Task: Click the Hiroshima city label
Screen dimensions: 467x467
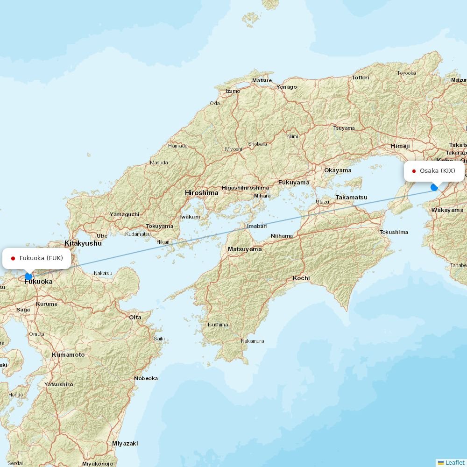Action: point(201,192)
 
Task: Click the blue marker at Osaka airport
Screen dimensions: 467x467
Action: point(434,187)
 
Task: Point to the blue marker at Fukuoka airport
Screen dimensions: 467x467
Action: point(28,276)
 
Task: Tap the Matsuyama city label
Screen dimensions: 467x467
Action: point(245,249)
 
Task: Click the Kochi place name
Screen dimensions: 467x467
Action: point(301,278)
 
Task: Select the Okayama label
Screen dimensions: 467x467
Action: point(338,170)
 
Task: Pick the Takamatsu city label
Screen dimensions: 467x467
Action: point(351,198)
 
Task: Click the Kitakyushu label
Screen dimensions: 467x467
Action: point(83,243)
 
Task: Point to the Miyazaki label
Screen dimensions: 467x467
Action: point(125,444)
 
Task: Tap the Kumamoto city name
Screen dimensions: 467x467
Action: point(68,355)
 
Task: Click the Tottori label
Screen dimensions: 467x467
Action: point(361,78)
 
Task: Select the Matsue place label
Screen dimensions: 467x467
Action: point(262,80)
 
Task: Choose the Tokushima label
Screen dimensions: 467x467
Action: point(394,232)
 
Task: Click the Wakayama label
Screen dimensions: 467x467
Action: point(447,210)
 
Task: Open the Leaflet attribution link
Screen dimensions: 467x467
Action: point(454,462)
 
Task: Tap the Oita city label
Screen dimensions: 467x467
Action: point(135,318)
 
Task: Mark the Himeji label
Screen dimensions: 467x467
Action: point(400,146)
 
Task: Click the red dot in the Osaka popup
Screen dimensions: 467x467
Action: point(414,171)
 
